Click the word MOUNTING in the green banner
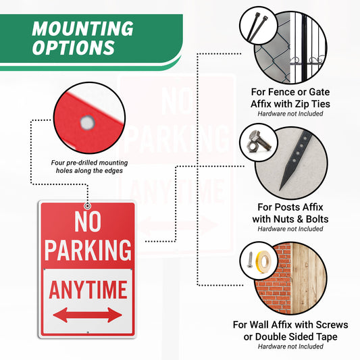(82, 29)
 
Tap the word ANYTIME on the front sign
(88, 290)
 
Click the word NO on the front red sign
(88, 222)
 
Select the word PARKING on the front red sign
(88, 250)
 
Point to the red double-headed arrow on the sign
(88, 315)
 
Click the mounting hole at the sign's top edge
(88, 205)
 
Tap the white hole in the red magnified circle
(86, 122)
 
